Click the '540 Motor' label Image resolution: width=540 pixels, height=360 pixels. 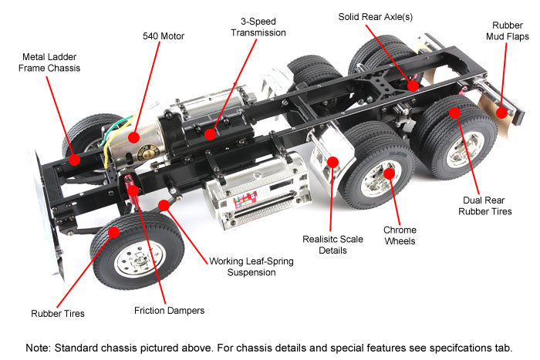coord(164,35)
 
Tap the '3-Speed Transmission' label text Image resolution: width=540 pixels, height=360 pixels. coord(258,27)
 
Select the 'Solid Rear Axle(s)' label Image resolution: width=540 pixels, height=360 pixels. coord(380,16)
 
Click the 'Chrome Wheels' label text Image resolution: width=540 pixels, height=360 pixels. coord(400,235)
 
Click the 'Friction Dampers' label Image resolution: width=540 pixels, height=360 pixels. coord(168,310)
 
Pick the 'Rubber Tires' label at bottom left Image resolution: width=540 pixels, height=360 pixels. coord(58,313)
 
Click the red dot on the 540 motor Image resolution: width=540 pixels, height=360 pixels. coord(134,137)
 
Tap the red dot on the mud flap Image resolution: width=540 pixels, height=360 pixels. coord(501,113)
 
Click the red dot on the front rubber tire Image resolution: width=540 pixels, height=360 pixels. coord(114,231)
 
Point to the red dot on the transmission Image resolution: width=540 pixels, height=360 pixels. coord(211,133)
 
